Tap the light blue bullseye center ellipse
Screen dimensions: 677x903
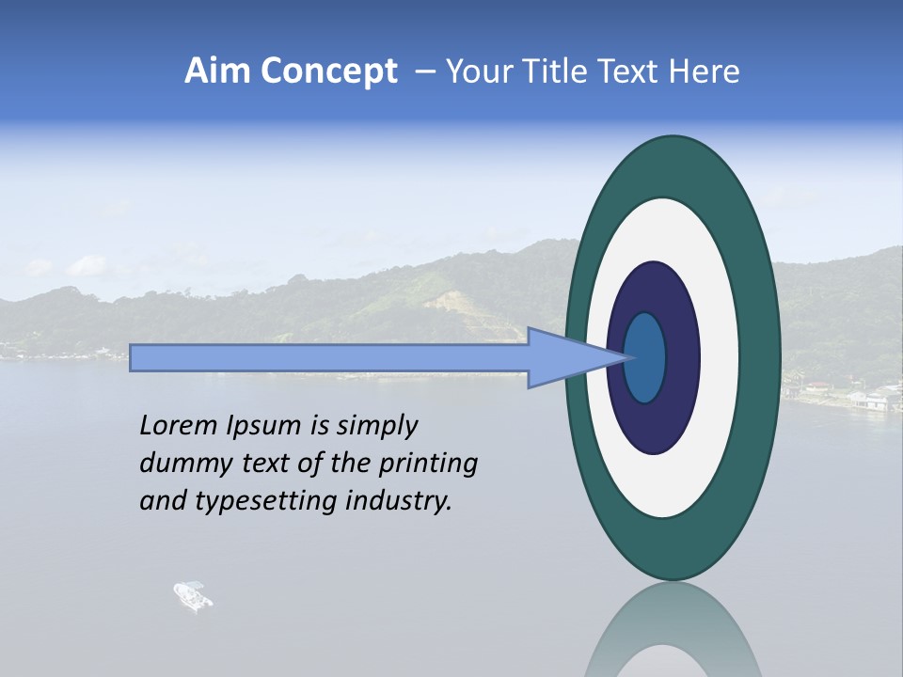tap(645, 357)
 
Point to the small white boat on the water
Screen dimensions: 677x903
tap(193, 595)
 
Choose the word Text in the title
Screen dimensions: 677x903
tap(630, 71)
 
